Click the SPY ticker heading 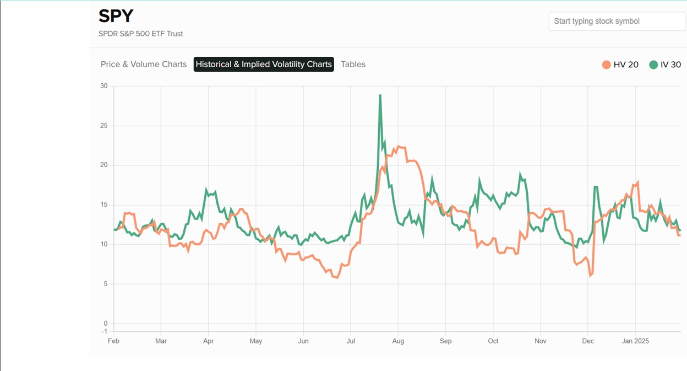coord(116,15)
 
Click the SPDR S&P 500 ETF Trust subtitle coord(141,34)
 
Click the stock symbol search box coord(617,21)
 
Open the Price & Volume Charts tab coord(144,64)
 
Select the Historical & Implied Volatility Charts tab coord(264,64)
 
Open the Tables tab coord(353,64)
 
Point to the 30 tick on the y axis coord(103,86)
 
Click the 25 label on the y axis coord(103,126)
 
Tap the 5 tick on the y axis coord(105,284)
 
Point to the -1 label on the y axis coord(104,331)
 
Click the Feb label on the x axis coord(113,341)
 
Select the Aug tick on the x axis coord(398,341)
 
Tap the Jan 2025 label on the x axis coord(635,341)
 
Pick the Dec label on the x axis coord(588,341)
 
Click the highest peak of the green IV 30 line coord(380,95)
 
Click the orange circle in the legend coord(607,64)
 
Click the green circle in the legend coord(653,64)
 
